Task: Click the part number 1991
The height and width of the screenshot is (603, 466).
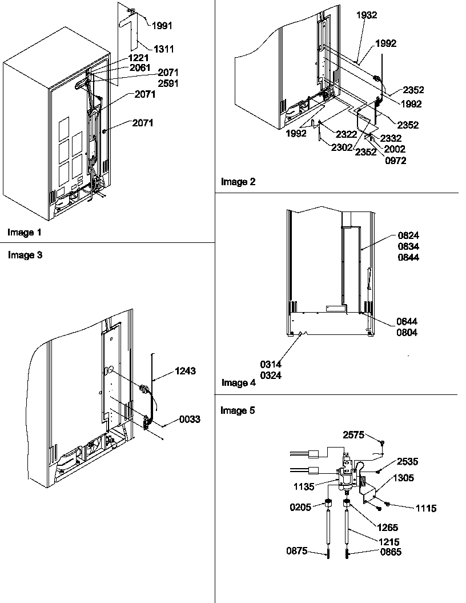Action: click(163, 25)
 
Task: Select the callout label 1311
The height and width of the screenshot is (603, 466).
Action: click(164, 49)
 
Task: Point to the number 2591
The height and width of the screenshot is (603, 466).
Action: click(168, 83)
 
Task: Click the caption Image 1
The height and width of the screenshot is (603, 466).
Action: click(25, 232)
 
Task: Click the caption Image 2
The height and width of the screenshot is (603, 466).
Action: click(238, 182)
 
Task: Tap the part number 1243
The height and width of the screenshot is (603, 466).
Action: click(185, 371)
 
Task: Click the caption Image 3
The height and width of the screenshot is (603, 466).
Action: click(25, 255)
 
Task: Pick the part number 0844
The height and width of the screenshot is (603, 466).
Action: click(408, 257)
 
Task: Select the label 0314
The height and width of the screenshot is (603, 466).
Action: click(271, 364)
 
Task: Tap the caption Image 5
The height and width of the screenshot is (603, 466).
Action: click(238, 410)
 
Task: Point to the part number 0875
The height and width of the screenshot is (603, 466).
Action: click(297, 551)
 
